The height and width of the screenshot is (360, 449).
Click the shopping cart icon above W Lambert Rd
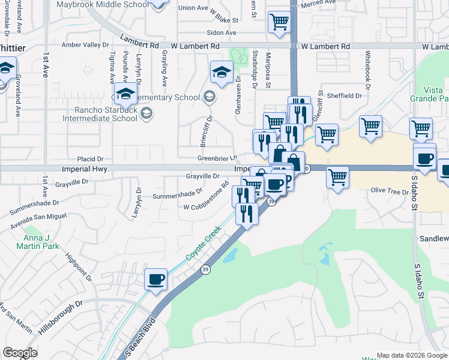point(280,22)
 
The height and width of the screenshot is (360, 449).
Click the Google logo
point(20,353)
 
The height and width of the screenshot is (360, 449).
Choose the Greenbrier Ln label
point(214,158)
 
